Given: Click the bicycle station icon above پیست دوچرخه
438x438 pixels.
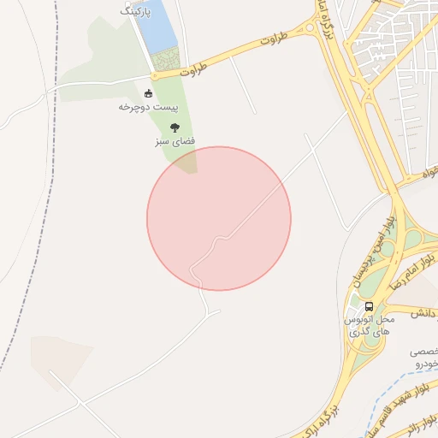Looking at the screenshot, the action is [x=149, y=93].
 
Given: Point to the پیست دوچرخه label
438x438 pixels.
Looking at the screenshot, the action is [x=141, y=107].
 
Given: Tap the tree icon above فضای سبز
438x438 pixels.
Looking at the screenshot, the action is [x=175, y=127].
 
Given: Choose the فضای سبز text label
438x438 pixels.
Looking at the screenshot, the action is [x=175, y=139].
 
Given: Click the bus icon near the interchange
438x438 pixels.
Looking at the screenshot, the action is [x=369, y=306].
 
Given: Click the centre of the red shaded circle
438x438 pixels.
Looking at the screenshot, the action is [x=219, y=218].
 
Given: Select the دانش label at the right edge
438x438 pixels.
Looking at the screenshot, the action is [x=424, y=313].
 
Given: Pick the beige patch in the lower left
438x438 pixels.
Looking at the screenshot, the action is [x=60, y=359].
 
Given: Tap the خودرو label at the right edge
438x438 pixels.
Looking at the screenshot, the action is [x=425, y=364].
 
